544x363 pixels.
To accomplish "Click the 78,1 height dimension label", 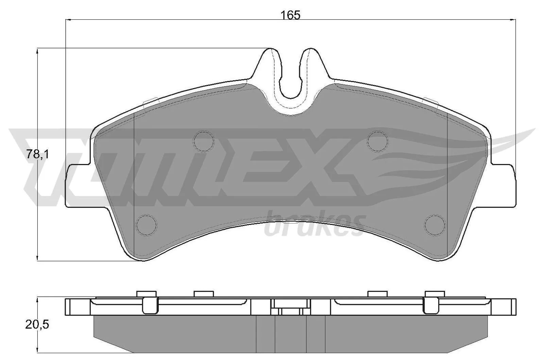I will click(x=38, y=155).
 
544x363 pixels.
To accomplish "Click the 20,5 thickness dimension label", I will click(x=37, y=325).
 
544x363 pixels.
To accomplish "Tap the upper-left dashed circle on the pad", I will click(x=204, y=141).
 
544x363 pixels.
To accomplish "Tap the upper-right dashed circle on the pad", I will click(x=378, y=141).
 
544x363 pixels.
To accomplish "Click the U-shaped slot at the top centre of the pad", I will click(x=291, y=82).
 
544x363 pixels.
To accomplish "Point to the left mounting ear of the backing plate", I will click(x=76, y=186).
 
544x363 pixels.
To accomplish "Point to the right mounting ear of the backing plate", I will click(x=505, y=186).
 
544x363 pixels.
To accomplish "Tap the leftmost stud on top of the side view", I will click(x=146, y=294).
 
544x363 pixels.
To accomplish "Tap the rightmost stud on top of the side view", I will click(x=435, y=294).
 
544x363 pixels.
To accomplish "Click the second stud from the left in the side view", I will click(x=204, y=294).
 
